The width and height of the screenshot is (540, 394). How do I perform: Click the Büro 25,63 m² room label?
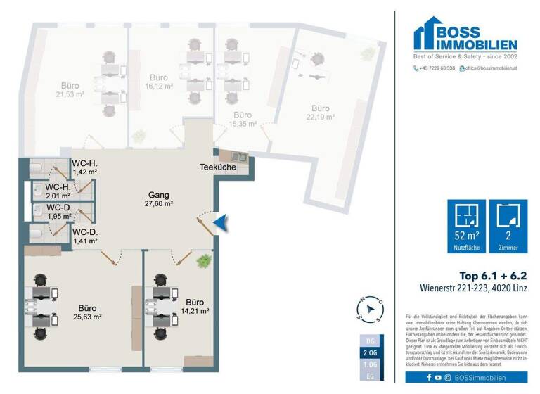click(88, 312)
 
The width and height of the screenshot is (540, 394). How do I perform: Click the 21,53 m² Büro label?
click(70, 88)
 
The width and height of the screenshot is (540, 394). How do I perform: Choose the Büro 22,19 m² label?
click(320, 113)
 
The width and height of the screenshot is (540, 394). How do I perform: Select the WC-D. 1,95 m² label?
click(58, 212)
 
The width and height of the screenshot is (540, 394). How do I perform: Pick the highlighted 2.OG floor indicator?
click(371, 352)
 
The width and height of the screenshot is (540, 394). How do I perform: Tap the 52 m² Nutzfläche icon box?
click(467, 226)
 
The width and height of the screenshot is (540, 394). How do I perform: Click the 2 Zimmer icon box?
click(507, 226)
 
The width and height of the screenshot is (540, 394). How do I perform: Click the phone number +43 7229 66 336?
click(435, 68)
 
